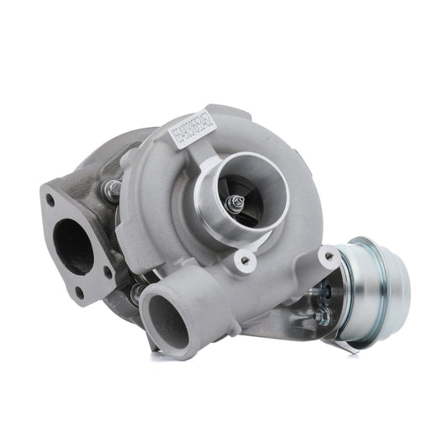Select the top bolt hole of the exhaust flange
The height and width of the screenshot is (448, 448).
click(51, 199)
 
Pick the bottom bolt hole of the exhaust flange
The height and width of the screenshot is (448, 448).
click(80, 292)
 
